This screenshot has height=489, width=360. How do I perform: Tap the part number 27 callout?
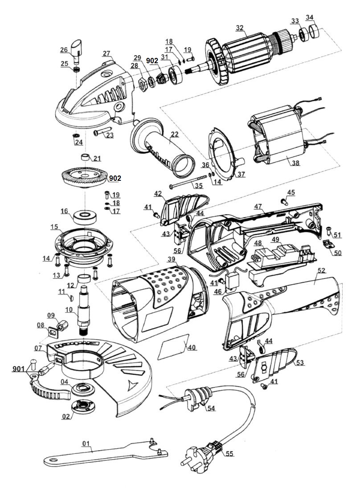point(106,54)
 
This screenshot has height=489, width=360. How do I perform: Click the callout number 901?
point(19,369)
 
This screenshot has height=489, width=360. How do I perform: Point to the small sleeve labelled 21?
point(85,157)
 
